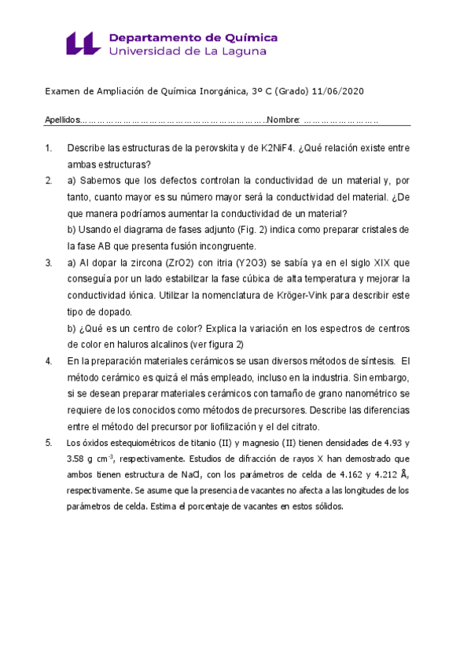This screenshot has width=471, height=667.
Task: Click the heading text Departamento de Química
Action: [193, 37]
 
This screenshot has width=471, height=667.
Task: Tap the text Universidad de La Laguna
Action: [187, 51]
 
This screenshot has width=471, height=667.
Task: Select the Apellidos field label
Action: [62, 120]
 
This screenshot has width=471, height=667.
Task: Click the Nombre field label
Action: [283, 120]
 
